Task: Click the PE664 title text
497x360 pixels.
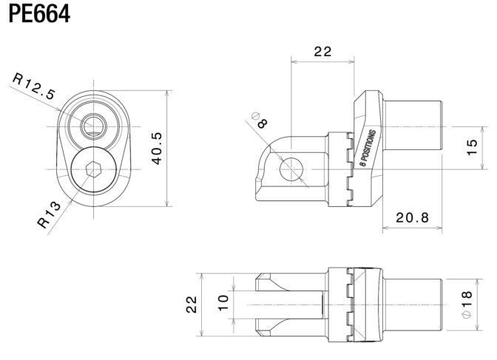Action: click(39, 14)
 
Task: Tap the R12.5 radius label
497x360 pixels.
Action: click(34, 86)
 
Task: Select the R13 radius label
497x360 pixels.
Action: click(49, 215)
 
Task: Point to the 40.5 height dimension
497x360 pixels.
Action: click(158, 149)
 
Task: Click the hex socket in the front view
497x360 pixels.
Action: click(93, 169)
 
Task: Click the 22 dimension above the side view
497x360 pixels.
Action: click(322, 51)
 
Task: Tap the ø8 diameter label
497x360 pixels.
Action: click(260, 120)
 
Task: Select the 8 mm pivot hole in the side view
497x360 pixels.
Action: click(291, 169)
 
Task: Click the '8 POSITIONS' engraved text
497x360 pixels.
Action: click(368, 148)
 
